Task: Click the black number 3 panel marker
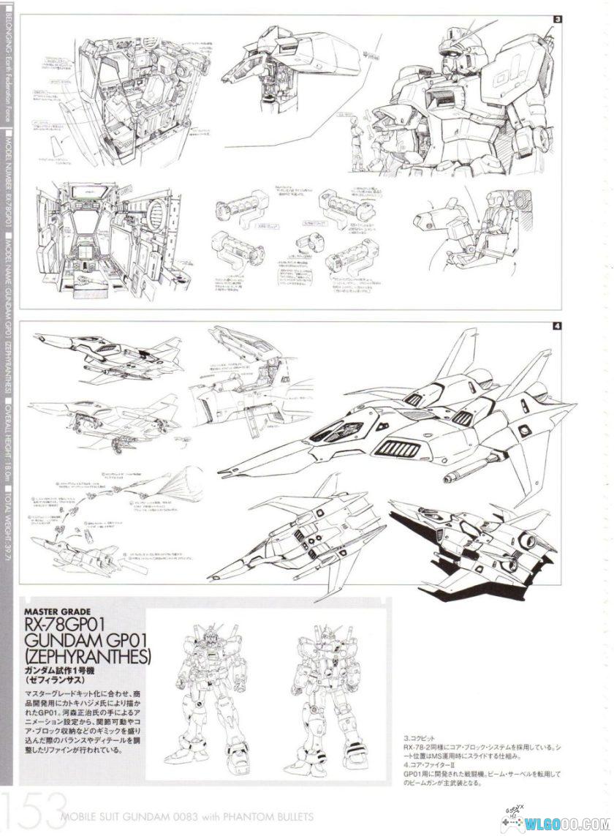pos(557,20)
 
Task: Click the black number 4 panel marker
pos(557,326)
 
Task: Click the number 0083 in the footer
pos(183,816)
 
